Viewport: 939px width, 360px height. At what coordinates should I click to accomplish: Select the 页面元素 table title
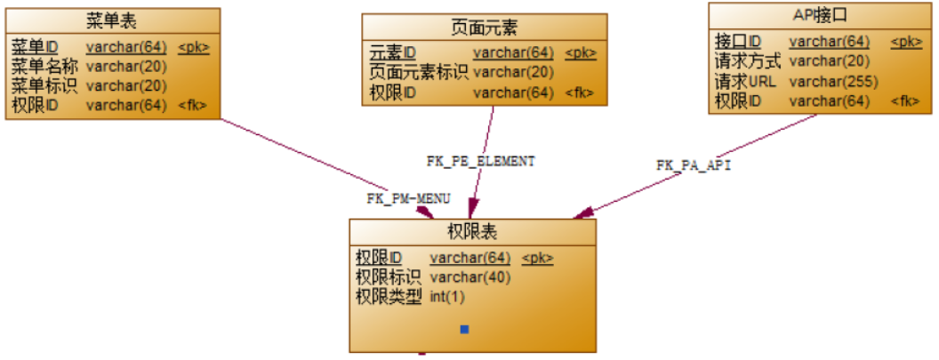tap(485, 26)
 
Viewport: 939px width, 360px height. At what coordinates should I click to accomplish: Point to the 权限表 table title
tap(472, 231)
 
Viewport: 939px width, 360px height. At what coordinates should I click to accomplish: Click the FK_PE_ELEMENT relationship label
tap(481, 161)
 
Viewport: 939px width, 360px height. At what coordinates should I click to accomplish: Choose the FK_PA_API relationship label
tap(694, 164)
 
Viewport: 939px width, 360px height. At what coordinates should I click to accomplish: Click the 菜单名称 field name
tap(44, 67)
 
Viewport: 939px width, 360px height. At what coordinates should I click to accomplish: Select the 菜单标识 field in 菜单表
tap(44, 86)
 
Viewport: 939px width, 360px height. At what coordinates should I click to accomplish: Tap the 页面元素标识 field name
tap(418, 73)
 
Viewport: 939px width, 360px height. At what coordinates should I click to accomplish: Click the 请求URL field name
tap(747, 81)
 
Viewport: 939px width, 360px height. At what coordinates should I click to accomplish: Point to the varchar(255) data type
tap(833, 81)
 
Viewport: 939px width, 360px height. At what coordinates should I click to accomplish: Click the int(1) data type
tap(447, 297)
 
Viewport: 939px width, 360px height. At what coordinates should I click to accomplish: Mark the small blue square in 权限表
tap(464, 330)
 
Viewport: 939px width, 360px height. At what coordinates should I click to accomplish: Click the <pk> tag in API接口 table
tap(906, 42)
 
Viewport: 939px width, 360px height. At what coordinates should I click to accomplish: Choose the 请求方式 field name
tap(747, 61)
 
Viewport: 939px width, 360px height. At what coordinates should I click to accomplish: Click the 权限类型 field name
tap(389, 297)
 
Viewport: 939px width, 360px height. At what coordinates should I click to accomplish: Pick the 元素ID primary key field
tap(392, 53)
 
